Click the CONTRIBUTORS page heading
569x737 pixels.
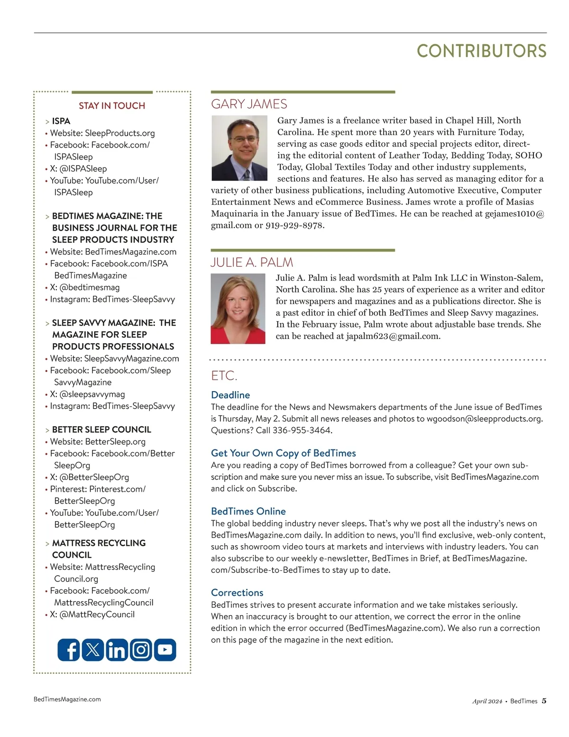(x=481, y=51)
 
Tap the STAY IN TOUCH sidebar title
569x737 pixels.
(x=112, y=106)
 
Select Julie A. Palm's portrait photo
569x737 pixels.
(x=238, y=309)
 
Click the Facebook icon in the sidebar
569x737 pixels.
(x=69, y=650)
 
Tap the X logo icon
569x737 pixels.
(x=93, y=650)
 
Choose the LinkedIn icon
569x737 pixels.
(x=117, y=650)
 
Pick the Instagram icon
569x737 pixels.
(x=141, y=650)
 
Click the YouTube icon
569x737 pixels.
(x=165, y=650)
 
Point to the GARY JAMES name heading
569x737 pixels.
(x=249, y=104)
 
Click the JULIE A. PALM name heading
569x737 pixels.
(x=252, y=262)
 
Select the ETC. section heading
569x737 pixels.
(x=224, y=376)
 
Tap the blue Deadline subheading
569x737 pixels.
(x=230, y=395)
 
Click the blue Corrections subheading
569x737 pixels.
(x=237, y=593)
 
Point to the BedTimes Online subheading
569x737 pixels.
(x=248, y=512)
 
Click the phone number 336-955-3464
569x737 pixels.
(x=302, y=430)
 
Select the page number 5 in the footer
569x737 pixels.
(x=544, y=701)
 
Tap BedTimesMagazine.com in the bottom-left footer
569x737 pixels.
(x=67, y=699)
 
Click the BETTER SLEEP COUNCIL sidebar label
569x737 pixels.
(x=101, y=429)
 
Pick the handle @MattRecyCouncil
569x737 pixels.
(x=97, y=615)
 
